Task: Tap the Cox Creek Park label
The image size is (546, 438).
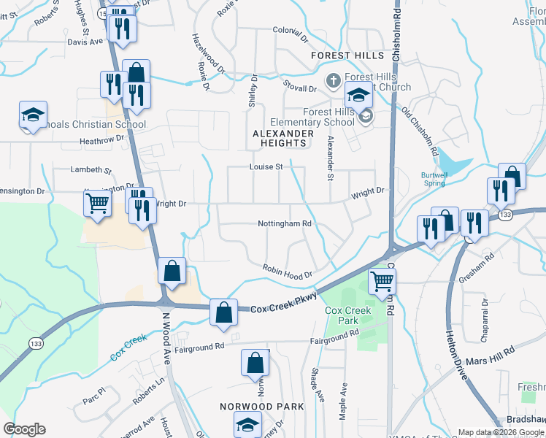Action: (x=347, y=315)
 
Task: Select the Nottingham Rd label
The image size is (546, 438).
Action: (x=285, y=223)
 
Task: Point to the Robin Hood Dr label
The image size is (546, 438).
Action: (x=288, y=271)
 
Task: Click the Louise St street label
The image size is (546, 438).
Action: (x=266, y=167)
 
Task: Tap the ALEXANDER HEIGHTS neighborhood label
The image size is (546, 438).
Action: (x=283, y=139)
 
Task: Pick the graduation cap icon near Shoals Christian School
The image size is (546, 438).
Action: (x=33, y=115)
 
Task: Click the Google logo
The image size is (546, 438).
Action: (x=25, y=429)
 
